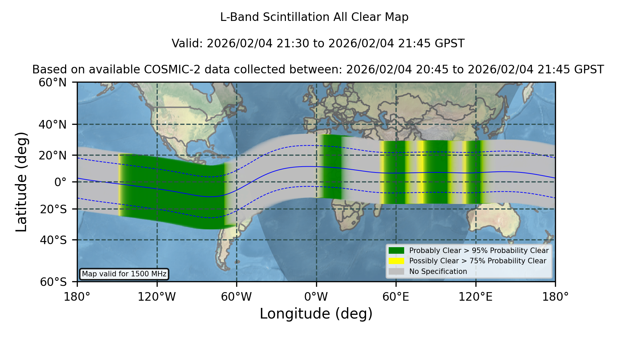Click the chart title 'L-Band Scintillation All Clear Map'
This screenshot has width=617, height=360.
pos(314,17)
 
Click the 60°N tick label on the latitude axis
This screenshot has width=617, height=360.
pos(53,82)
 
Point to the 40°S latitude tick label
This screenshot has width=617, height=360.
pos(53,240)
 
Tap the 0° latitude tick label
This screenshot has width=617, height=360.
pos(60,182)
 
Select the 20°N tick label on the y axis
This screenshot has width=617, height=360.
pos(53,155)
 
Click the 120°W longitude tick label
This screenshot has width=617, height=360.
pos(157,297)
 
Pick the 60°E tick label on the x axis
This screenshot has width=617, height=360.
pos(396,297)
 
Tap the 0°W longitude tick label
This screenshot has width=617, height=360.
pos(316,297)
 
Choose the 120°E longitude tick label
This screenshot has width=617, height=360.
pos(475,297)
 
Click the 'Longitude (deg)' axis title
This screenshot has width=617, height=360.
pos(316,314)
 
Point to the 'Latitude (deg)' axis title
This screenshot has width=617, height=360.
pos(21,182)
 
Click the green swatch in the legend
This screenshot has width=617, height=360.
pos(396,251)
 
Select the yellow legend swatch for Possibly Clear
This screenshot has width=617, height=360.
pos(396,261)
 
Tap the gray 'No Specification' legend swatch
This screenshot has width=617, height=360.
pos(396,272)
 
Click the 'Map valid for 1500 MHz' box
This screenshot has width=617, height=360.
pos(124,274)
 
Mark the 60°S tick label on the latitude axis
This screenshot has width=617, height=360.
pos(53,282)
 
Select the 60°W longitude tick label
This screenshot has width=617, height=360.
pos(237,297)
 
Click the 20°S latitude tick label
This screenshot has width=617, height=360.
pos(53,209)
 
